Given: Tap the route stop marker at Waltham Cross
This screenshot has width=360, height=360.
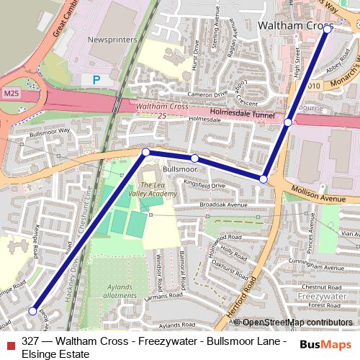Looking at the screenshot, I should pos(328,30).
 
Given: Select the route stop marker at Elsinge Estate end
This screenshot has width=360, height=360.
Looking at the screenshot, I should pos(32,310).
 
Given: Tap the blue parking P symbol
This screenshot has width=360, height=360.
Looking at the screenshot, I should pos(96,80).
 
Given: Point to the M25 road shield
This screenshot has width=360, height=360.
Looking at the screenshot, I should pos(10,94).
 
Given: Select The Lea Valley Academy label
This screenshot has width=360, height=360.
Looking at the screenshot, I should pos(158,189).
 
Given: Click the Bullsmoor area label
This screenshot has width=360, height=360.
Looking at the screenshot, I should pos(180,168).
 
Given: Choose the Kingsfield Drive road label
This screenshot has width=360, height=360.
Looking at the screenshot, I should pos(204,186).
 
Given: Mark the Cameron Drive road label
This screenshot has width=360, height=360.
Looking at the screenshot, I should pos(187,93).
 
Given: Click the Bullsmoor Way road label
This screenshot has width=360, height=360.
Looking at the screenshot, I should pos(50,131).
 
